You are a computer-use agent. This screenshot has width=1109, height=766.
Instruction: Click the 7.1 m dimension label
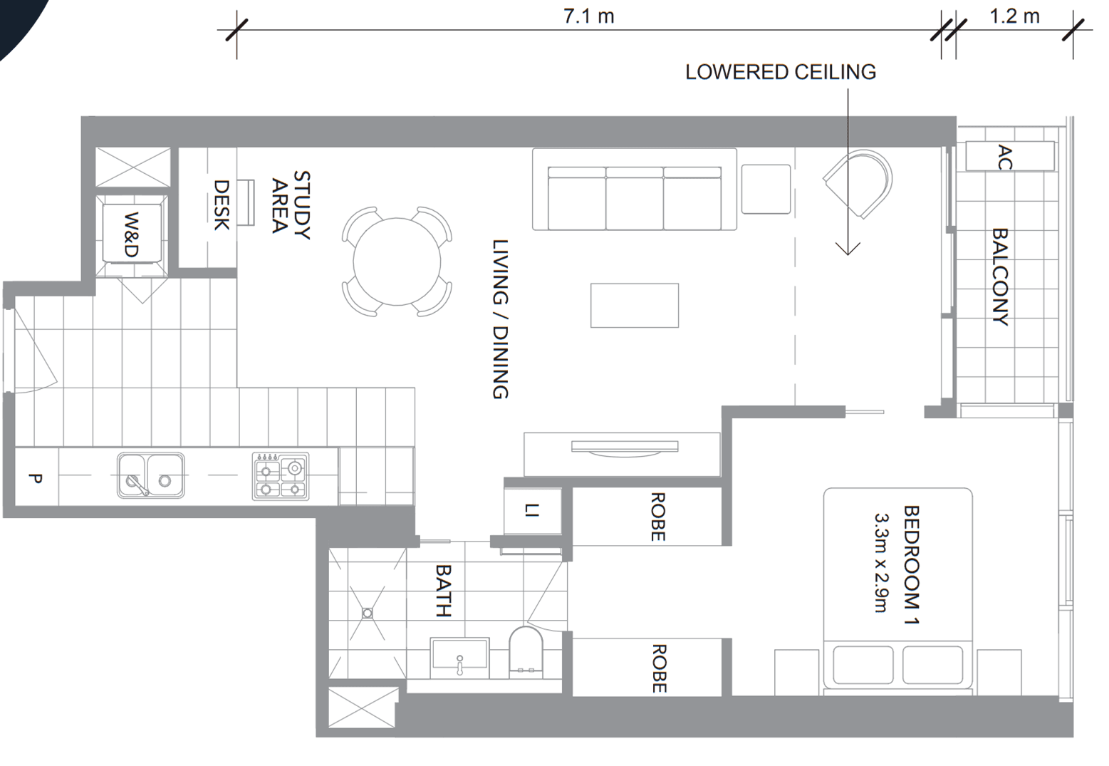click(x=588, y=16)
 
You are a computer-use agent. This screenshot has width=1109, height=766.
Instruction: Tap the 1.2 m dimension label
click(x=1014, y=16)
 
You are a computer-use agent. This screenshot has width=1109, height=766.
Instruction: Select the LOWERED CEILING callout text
click(x=781, y=72)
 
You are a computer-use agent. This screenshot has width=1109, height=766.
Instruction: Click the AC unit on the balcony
click(x=1010, y=157)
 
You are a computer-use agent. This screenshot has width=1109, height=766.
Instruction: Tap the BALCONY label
click(x=1001, y=276)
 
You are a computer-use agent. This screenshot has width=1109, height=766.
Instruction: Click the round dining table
click(x=397, y=262)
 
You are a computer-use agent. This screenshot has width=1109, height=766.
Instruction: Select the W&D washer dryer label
click(x=131, y=234)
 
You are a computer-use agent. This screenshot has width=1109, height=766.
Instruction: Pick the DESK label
click(x=222, y=205)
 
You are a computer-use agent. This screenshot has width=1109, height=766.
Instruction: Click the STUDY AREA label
click(x=291, y=205)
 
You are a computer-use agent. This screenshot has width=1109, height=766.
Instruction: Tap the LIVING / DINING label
click(x=501, y=319)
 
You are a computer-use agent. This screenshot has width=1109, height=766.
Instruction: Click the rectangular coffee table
click(x=635, y=306)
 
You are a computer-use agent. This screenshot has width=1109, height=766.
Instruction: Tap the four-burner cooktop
click(x=281, y=476)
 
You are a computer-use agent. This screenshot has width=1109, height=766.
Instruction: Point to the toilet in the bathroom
click(x=526, y=653)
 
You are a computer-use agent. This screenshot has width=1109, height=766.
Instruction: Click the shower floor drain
click(x=368, y=614)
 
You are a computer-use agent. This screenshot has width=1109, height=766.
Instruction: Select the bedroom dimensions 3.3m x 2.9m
click(x=882, y=563)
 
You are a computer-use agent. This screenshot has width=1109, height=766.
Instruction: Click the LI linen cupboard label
click(x=531, y=510)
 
